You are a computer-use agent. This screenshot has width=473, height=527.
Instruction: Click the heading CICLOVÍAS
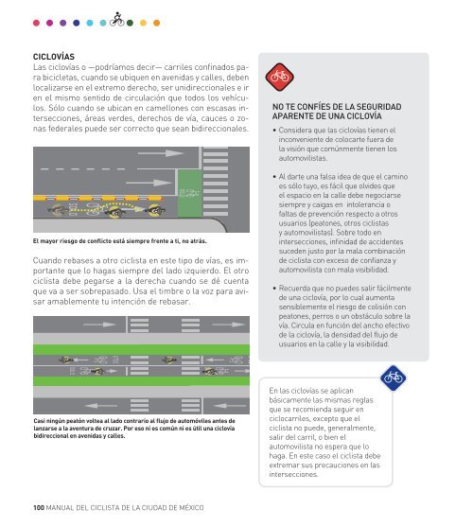click(54, 57)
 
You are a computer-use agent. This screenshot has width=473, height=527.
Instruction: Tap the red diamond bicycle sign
click(279, 77)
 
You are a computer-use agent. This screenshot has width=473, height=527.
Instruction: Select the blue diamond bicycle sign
click(393, 378)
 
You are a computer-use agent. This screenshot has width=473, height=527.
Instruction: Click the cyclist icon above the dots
click(117, 20)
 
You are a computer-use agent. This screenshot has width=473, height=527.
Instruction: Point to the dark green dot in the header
click(130, 23)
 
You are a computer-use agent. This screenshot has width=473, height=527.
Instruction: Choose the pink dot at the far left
click(36, 23)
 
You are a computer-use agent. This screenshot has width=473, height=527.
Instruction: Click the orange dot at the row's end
click(156, 23)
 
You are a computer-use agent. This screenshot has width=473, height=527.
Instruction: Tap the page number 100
click(39, 507)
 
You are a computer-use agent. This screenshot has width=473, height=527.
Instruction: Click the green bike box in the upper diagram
click(189, 193)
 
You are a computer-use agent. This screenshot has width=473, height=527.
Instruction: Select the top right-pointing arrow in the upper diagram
click(161, 153)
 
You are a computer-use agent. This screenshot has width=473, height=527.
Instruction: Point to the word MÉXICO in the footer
click(191, 507)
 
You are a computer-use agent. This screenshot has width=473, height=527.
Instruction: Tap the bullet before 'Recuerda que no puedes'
click(274, 289)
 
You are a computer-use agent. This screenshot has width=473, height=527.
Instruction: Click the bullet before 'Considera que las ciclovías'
click(274, 130)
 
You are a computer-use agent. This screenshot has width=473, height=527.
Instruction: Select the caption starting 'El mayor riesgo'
click(120, 241)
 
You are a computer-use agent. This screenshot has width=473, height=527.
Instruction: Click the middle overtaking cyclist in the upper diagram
click(114, 211)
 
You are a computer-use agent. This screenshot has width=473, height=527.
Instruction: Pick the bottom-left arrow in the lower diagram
click(101, 406)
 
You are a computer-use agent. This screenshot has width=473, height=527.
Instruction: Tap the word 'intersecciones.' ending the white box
click(294, 475)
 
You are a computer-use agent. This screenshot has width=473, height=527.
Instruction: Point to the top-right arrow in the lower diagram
click(228, 325)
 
